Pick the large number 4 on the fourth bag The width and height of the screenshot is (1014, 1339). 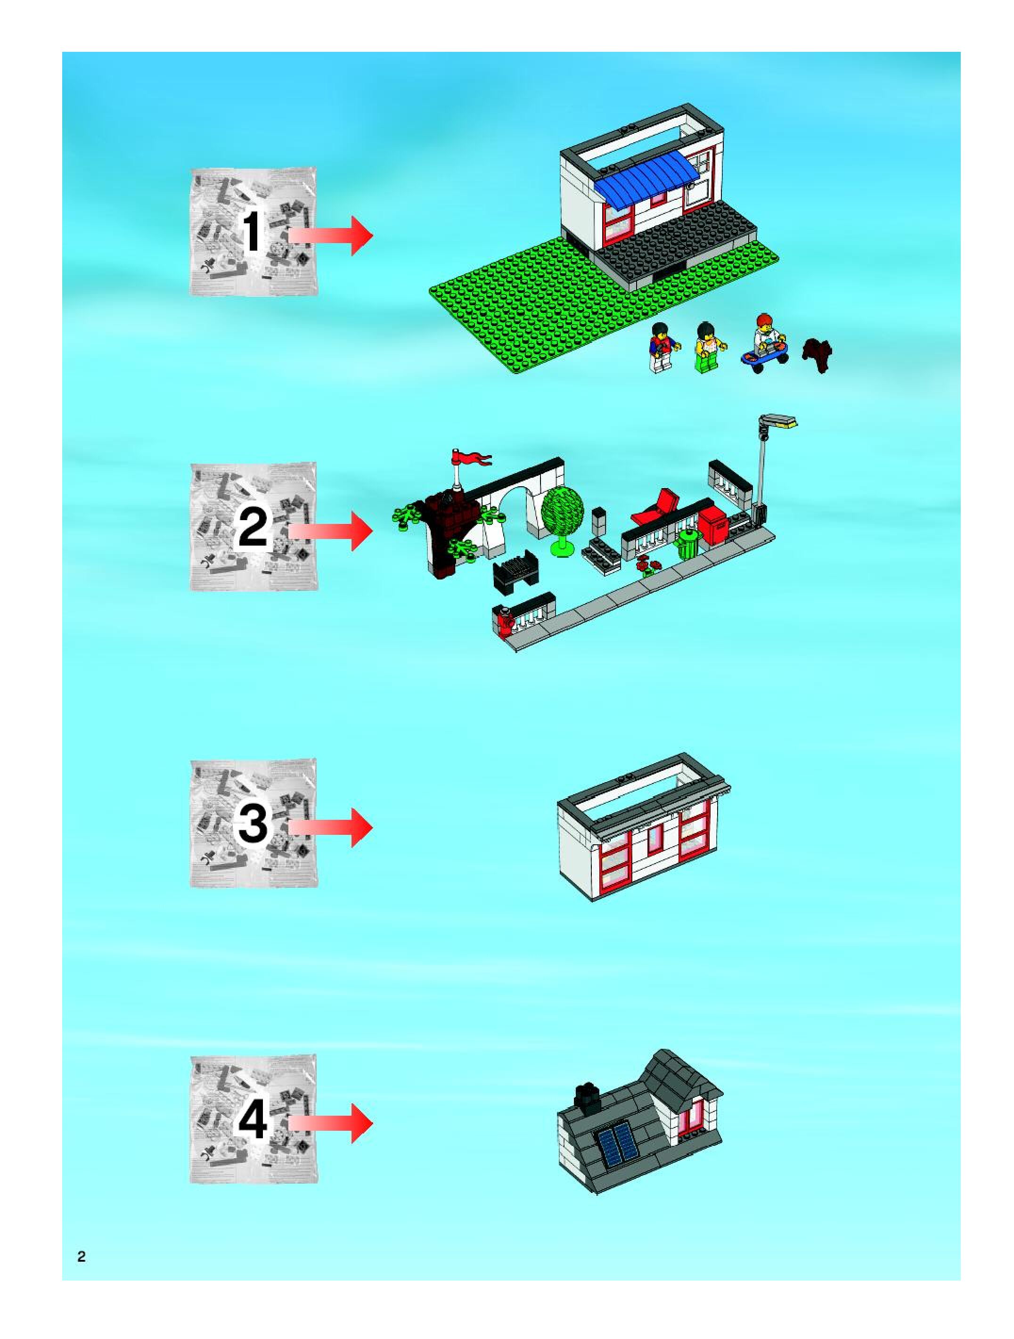point(253,1120)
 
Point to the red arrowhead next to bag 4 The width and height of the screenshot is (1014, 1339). point(361,1123)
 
